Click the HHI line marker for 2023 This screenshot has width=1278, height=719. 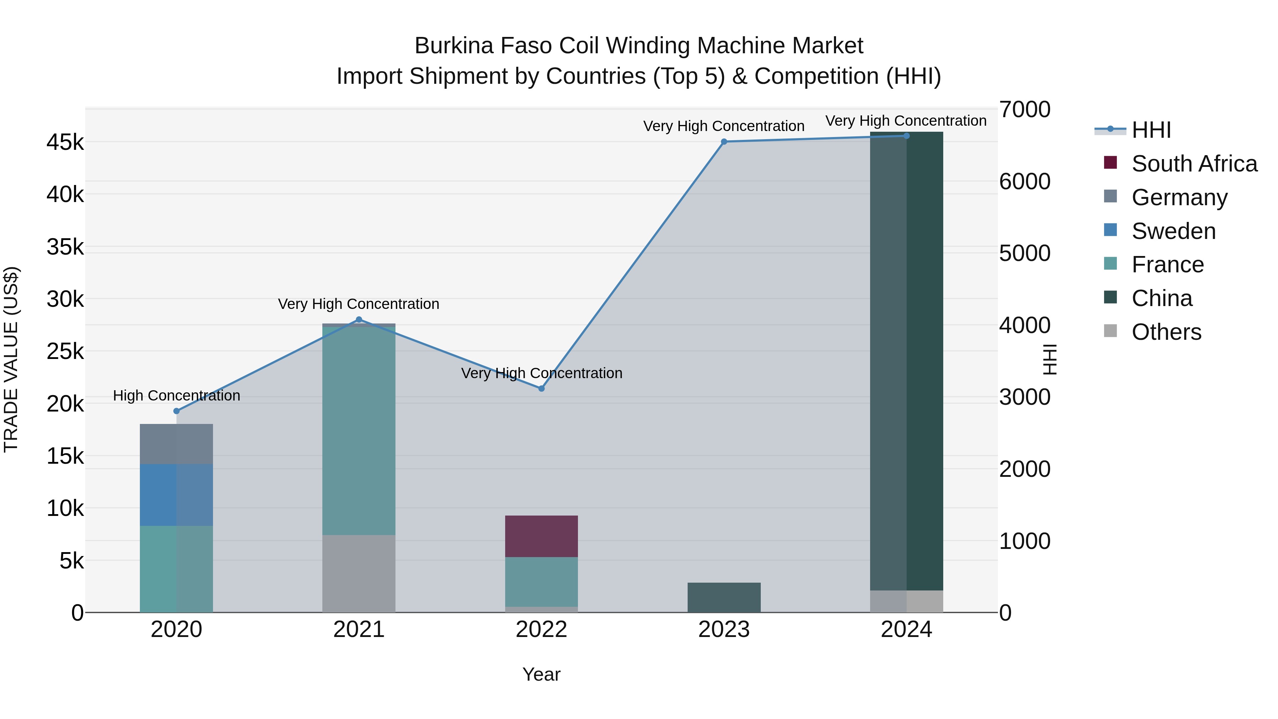(724, 141)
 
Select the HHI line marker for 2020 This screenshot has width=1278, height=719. (177, 411)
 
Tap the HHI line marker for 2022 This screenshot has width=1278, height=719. (541, 388)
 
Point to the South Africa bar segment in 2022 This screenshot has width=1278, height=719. (541, 536)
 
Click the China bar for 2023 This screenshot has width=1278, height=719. (724, 598)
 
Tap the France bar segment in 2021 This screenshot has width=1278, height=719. (359, 430)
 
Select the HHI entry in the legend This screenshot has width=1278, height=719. (1151, 130)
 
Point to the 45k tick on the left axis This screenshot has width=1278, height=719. (65, 142)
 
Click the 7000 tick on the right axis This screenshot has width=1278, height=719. (1025, 110)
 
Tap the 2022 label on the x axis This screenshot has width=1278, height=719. (541, 630)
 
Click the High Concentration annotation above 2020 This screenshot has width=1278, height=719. (177, 396)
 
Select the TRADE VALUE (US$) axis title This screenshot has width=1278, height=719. (11, 359)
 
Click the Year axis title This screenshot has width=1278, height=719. (541, 674)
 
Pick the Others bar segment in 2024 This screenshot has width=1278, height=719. (906, 601)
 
